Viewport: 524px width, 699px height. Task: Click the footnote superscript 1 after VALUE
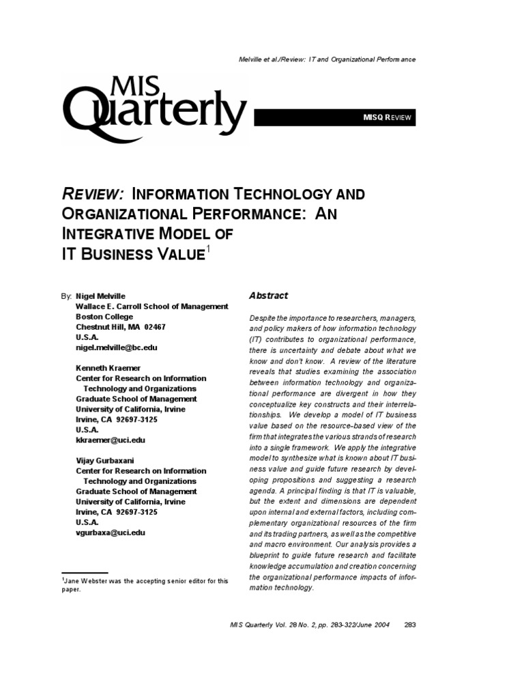tap(208, 251)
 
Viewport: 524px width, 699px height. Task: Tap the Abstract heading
tap(268, 296)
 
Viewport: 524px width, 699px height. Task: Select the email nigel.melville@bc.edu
tap(117, 347)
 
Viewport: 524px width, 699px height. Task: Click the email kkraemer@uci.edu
tap(110, 440)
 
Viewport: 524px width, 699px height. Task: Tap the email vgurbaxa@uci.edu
tap(110, 532)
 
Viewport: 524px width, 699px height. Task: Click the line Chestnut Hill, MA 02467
tap(120, 327)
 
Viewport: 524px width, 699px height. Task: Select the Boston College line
tap(104, 317)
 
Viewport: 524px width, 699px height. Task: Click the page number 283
tap(410, 624)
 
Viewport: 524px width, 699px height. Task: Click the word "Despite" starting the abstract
tap(261, 319)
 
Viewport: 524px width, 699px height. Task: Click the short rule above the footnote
tap(85, 573)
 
